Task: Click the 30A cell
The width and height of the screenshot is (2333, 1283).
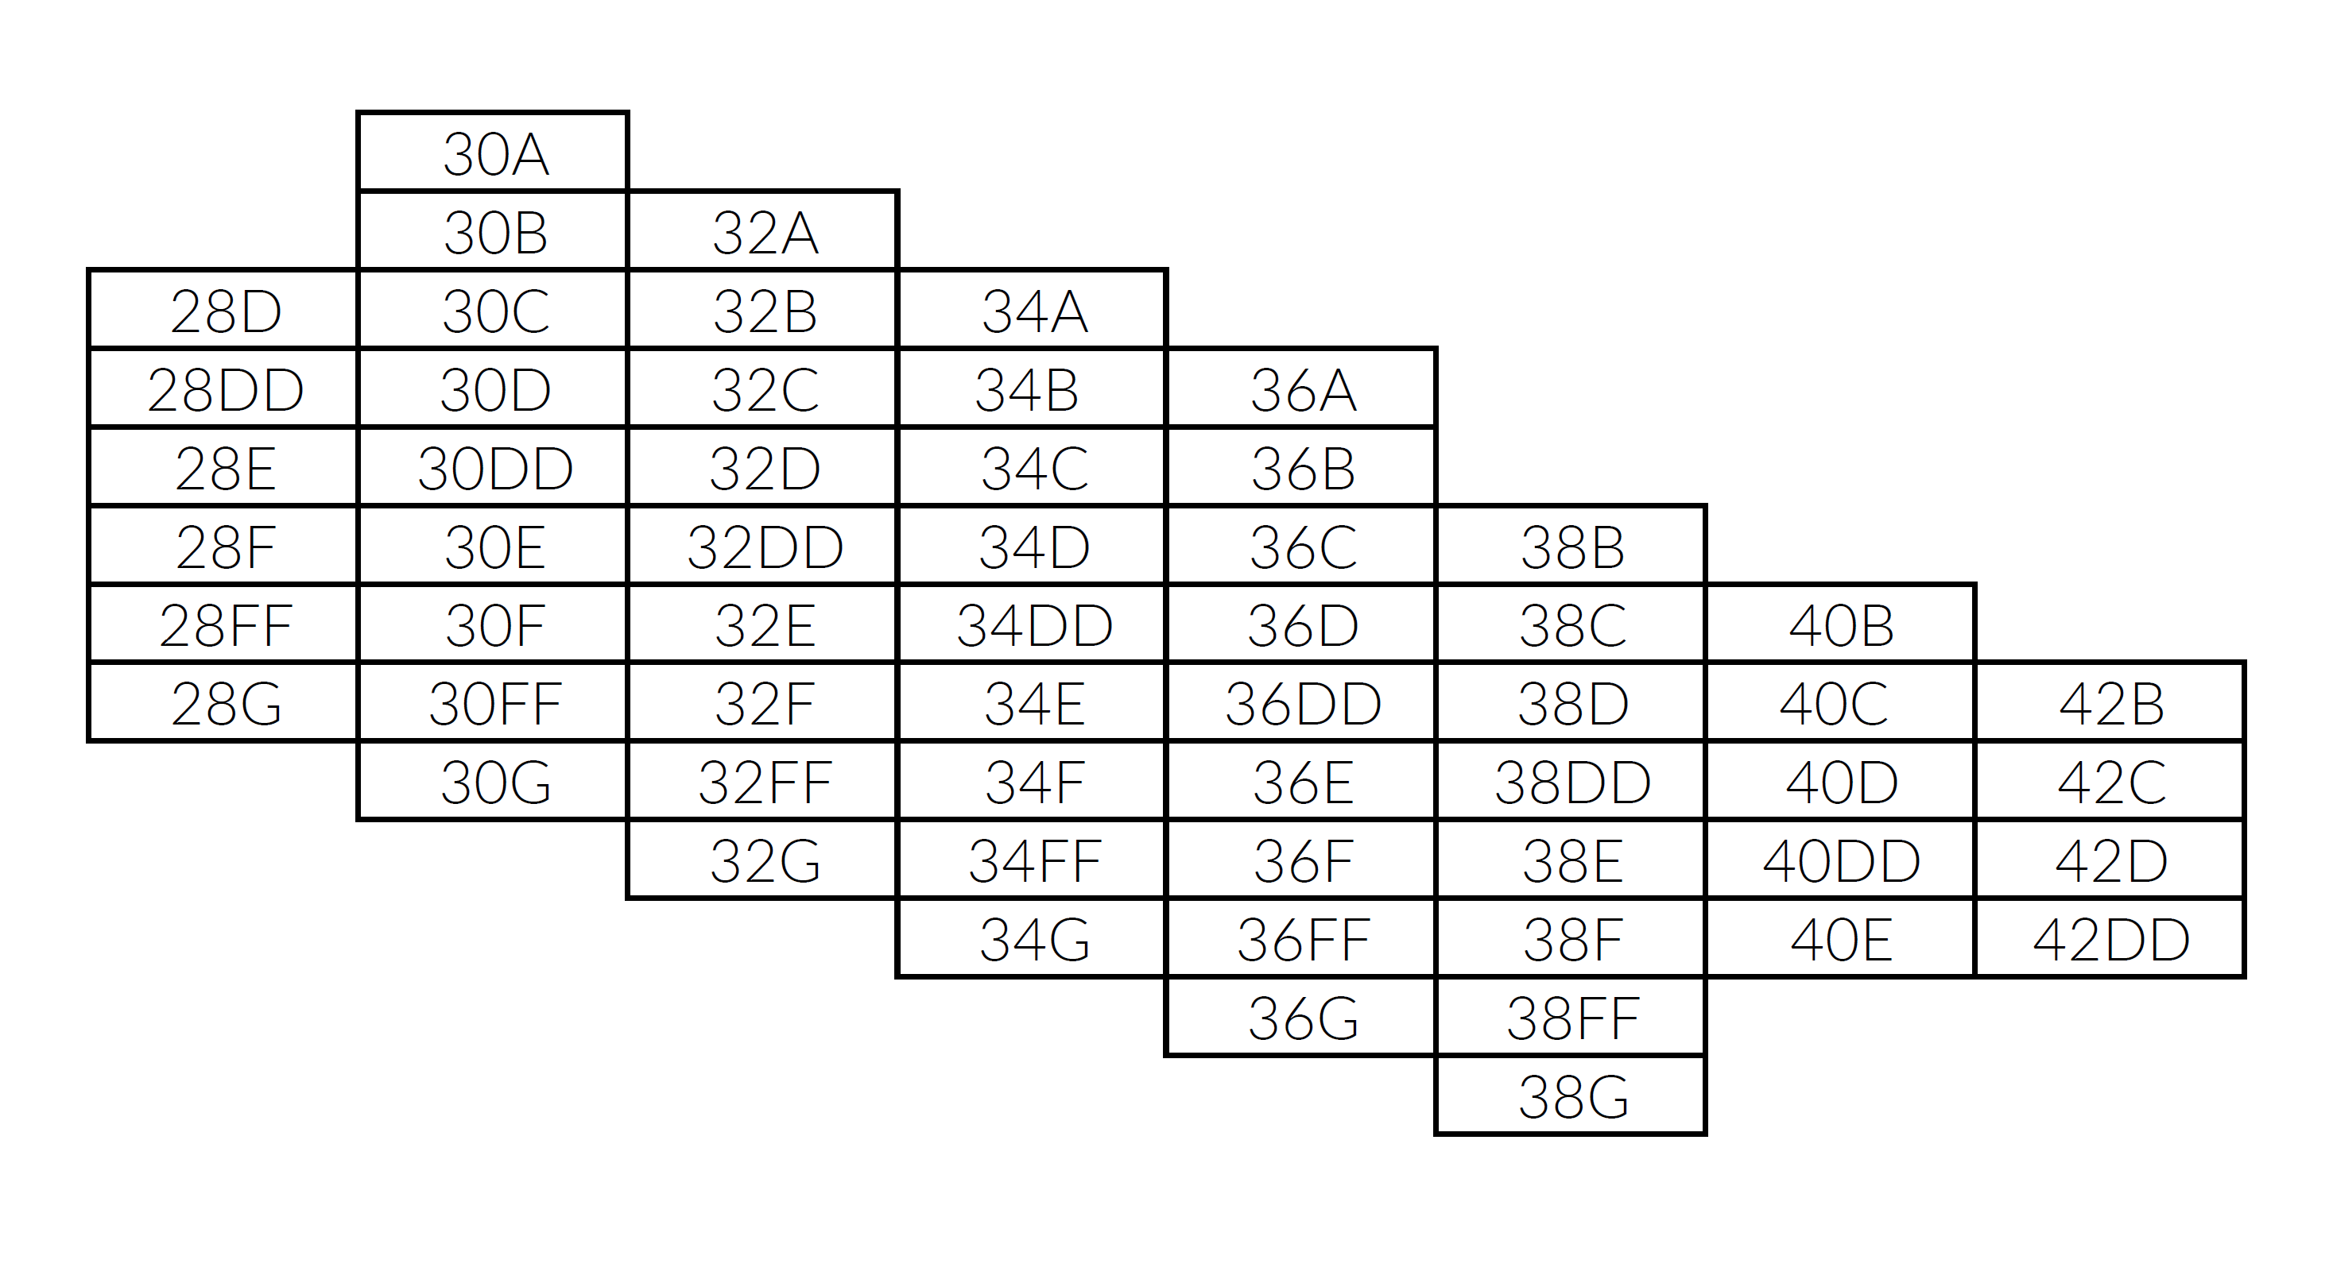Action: coord(494,152)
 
